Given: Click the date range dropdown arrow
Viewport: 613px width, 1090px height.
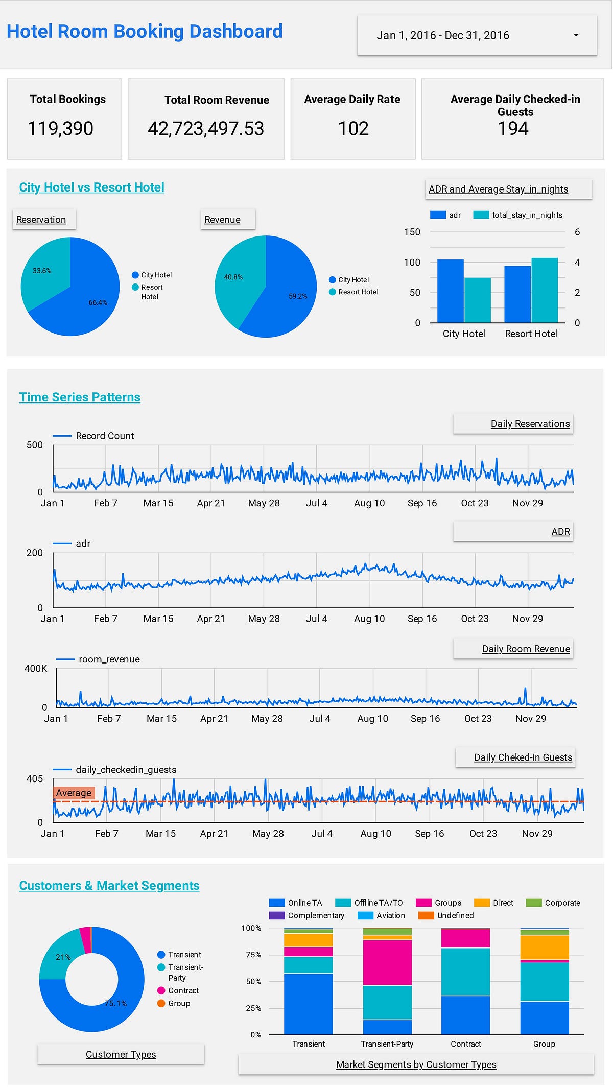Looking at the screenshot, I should pos(576,36).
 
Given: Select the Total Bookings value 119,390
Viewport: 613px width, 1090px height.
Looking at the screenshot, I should pos(60,129).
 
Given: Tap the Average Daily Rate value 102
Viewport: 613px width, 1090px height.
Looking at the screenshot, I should pos(353,129).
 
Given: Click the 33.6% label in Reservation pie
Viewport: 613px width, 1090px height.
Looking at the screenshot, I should pos(42,271).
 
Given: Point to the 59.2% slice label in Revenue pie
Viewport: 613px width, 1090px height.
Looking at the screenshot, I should pos(298,296).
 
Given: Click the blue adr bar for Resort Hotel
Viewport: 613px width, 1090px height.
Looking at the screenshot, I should pos(517,294).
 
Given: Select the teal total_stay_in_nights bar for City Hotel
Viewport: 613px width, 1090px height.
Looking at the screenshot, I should pos(478,300).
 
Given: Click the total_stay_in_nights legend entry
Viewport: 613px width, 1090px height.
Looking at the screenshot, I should pos(526,215).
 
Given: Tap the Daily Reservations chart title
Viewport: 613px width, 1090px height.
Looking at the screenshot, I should pos(530,424).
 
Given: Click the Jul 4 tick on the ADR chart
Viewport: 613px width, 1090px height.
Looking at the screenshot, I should pos(317,619).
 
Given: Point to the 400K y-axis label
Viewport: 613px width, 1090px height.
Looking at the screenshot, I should pos(36,669).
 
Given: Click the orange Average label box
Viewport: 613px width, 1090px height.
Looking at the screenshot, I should pos(74,793).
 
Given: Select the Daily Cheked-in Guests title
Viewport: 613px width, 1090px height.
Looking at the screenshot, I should pos(523,757).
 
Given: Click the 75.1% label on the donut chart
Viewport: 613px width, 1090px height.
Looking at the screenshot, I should pos(115,1003).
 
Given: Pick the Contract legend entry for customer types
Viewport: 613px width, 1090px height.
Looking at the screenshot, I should pos(183,990).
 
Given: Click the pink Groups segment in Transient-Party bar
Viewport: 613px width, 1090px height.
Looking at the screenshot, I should pos(387,962).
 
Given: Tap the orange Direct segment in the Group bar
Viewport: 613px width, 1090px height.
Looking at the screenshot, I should pos(544,947).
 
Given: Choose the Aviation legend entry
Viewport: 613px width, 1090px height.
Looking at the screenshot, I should pos(390,915).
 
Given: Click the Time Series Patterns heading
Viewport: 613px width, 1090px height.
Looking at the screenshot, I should pos(80,397).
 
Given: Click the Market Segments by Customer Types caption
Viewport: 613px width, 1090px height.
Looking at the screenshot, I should pos(416,1064).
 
